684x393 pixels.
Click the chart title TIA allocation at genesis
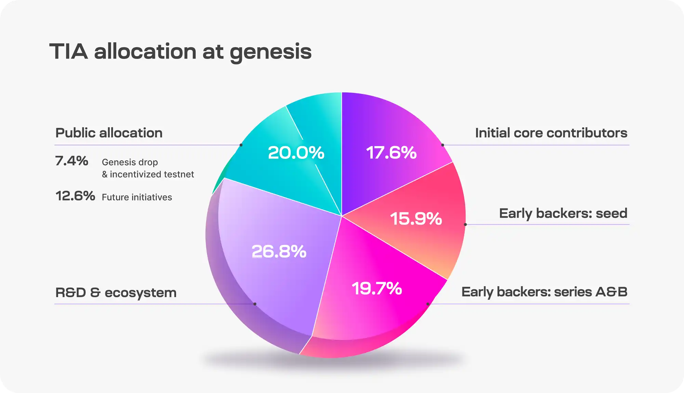pyautogui.click(x=180, y=52)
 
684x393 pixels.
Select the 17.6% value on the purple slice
pyautogui.click(x=391, y=153)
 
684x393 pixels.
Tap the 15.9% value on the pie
pyautogui.click(x=416, y=218)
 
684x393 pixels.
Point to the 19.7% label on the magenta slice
pyautogui.click(x=377, y=288)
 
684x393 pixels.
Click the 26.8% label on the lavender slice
pyautogui.click(x=279, y=252)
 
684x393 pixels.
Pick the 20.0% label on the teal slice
pyautogui.click(x=296, y=153)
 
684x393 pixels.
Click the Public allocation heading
pyautogui.click(x=109, y=133)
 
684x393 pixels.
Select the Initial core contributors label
pyautogui.click(x=551, y=133)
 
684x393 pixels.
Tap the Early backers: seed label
pyautogui.click(x=563, y=213)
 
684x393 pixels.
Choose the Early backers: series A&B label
pyautogui.click(x=544, y=292)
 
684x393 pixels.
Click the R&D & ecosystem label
pyautogui.click(x=116, y=293)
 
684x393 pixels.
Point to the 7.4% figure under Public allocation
pyautogui.click(x=71, y=161)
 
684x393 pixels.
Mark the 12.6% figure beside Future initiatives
pyautogui.click(x=75, y=196)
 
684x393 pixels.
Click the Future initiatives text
pyautogui.click(x=137, y=197)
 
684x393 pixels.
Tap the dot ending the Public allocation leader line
pyautogui.click(x=241, y=145)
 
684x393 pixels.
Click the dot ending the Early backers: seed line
pyautogui.click(x=465, y=225)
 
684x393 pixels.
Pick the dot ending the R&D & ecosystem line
pyautogui.click(x=255, y=304)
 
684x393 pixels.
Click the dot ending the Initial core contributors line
pyautogui.click(x=443, y=145)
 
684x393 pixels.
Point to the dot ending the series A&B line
pyautogui.click(x=428, y=304)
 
